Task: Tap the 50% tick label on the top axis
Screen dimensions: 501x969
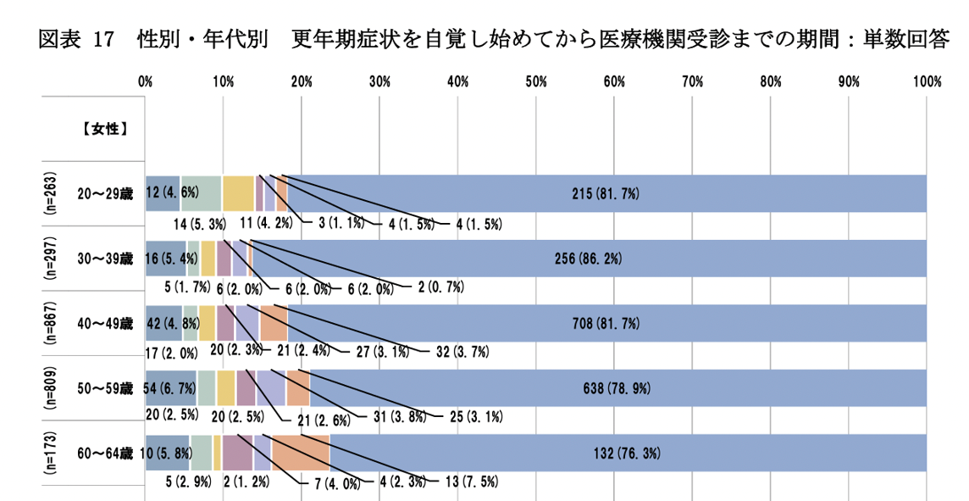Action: coord(535,81)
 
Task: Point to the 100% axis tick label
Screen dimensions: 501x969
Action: coord(927,81)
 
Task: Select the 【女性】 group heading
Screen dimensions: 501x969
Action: coord(106,130)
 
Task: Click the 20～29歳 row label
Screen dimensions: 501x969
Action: coord(105,193)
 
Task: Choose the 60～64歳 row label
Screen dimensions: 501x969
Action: coord(105,452)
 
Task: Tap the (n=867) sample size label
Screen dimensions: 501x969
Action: coord(50,323)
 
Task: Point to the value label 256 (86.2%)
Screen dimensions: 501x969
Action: coord(586,258)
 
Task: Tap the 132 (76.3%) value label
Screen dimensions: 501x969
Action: coord(624,452)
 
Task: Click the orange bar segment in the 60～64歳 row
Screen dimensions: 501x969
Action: coord(300,452)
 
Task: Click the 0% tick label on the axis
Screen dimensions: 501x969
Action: coord(145,81)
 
